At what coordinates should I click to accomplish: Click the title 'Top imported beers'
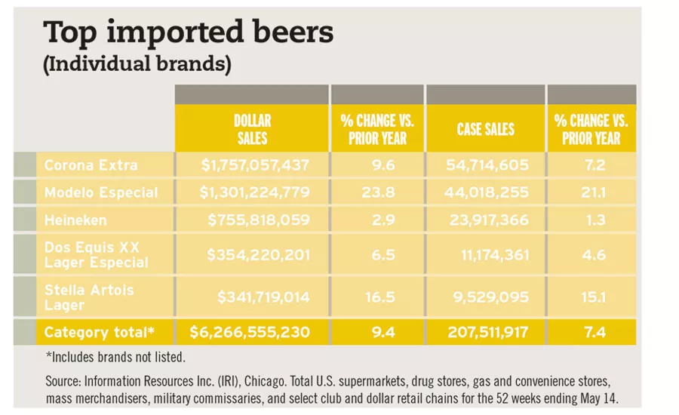click(189, 34)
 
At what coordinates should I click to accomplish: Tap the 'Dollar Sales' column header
click(252, 129)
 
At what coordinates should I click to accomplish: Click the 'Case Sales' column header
click(485, 129)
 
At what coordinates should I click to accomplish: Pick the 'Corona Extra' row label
click(91, 164)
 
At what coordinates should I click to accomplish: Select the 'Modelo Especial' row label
click(101, 192)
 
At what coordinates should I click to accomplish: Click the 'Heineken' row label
click(75, 220)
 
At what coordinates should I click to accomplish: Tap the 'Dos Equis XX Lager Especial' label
click(96, 256)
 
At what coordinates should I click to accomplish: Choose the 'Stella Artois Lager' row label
click(88, 297)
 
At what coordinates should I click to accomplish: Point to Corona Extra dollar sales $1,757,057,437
click(254, 164)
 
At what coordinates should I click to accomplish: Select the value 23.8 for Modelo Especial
click(378, 192)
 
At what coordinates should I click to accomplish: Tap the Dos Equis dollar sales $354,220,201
click(258, 256)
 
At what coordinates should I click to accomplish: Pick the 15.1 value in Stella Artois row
click(591, 297)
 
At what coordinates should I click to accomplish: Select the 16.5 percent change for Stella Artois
click(378, 297)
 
